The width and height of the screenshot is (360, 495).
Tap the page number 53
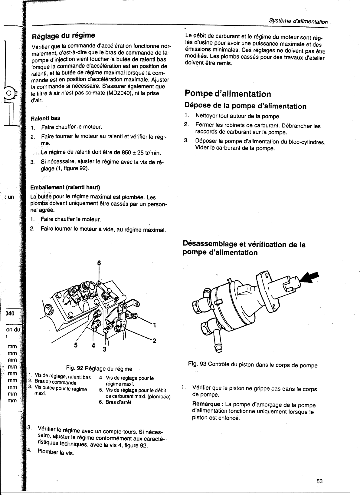point(320,481)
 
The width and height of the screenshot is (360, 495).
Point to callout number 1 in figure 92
point(154,325)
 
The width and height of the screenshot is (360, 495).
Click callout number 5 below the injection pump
point(76,345)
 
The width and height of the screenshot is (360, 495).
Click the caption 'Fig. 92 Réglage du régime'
point(99,369)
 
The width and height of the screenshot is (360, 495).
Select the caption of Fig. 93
point(253,365)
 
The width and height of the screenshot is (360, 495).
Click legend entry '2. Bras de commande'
point(52,382)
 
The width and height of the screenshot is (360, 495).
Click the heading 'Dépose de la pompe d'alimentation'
point(245,106)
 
